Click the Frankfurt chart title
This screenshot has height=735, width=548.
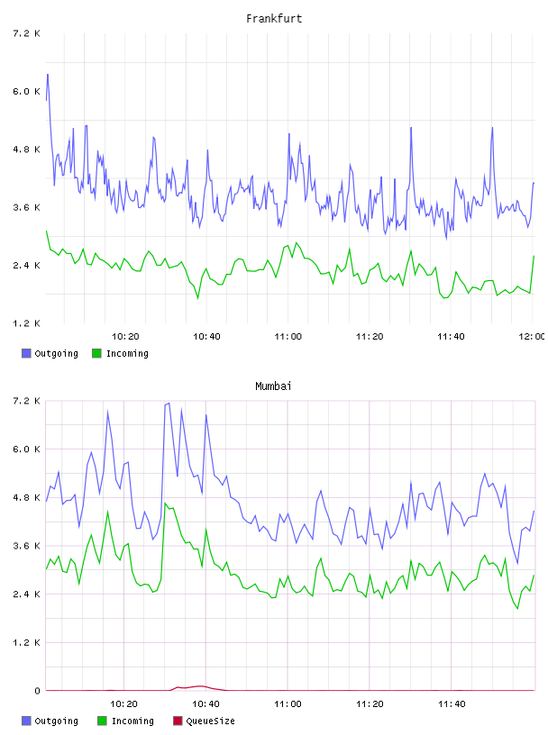[274, 19]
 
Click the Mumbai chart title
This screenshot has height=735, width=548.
[273, 386]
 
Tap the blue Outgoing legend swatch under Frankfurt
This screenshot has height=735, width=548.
[26, 353]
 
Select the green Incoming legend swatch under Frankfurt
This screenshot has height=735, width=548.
[96, 353]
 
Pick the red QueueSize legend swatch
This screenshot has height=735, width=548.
[178, 721]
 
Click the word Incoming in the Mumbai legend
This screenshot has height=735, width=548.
[132, 721]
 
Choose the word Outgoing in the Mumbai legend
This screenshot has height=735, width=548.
[56, 721]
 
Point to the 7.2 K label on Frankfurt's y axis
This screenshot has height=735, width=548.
[26, 33]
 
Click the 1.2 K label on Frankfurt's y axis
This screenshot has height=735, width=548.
[26, 323]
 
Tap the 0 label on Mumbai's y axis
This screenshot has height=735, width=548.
[37, 691]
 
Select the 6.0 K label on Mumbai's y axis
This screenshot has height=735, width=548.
[26, 449]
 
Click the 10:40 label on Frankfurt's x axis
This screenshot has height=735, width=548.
[206, 337]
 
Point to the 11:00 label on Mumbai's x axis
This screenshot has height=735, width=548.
[288, 704]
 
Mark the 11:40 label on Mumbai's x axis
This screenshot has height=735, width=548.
[452, 704]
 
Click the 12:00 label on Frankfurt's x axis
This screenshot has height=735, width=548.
[532, 337]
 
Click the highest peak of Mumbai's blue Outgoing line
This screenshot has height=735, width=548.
[169, 404]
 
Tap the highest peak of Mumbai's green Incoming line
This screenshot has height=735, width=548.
[165, 504]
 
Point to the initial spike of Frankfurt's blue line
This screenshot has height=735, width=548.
[48, 75]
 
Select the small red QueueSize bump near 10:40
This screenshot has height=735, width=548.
[199, 686]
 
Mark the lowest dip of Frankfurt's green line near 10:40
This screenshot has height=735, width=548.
[197, 297]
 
